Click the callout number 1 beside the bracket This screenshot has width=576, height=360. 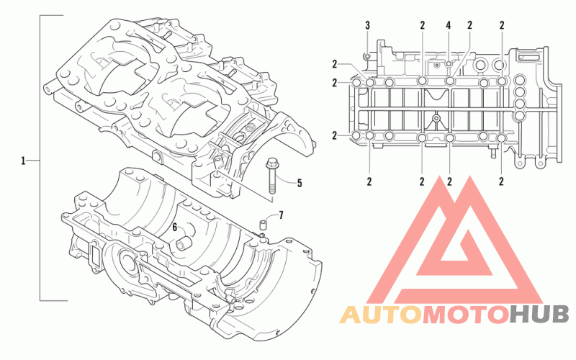click(23, 161)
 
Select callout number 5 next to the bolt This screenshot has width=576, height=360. click(300, 183)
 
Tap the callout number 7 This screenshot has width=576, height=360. click(281, 215)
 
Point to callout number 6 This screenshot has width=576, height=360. click(175, 228)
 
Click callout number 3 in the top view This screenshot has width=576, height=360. click(368, 25)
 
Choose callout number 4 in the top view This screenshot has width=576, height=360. click(449, 25)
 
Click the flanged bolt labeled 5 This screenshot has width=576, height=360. click(271, 176)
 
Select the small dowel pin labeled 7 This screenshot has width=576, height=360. click(263, 224)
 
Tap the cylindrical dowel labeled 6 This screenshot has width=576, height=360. click(183, 243)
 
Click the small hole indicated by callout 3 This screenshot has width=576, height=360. click(367, 56)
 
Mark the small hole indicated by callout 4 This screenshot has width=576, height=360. click(449, 64)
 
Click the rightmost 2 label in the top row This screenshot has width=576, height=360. click(502, 25)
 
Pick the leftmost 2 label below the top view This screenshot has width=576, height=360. click(369, 181)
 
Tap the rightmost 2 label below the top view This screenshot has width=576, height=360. click(501, 181)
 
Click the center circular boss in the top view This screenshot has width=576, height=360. click(436, 118)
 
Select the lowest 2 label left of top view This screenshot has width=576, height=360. click(335, 136)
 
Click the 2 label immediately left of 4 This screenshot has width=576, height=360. click(423, 25)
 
